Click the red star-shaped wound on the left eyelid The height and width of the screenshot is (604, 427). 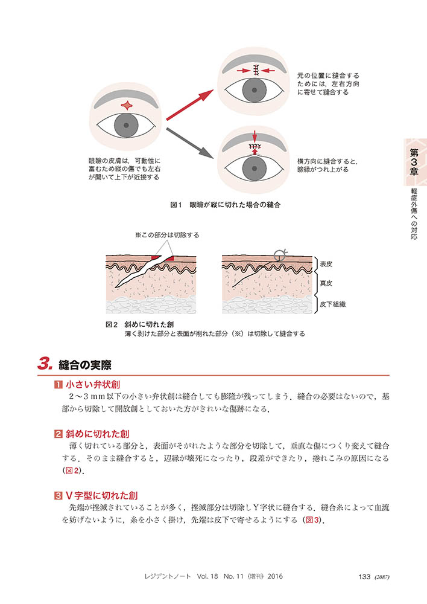pos(127,105)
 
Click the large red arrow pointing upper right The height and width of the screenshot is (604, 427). pos(190,104)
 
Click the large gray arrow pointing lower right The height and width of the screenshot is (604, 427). pos(190,143)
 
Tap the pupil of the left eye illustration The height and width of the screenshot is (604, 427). pos(126,126)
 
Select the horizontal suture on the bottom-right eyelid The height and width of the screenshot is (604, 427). pos(255,146)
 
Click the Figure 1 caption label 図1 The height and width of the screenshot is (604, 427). pos(176,205)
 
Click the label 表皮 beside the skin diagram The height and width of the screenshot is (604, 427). pos(326,265)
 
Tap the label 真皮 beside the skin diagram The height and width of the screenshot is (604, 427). pos(326,283)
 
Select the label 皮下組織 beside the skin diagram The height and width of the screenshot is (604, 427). pos(333,304)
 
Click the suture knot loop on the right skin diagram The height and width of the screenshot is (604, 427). pos(279,255)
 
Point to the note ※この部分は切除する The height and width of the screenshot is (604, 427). pos(167,235)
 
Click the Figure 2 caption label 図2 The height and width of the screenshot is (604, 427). pos(112,325)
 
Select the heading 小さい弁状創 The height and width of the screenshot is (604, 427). pos(93,384)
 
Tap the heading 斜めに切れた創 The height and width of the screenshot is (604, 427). pos(97,434)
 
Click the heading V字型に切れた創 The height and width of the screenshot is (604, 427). pos(101,496)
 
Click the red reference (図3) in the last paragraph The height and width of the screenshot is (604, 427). pos(312,520)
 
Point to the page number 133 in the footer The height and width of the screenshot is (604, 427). pos(364,577)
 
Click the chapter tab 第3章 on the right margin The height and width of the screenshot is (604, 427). pos(414,162)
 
